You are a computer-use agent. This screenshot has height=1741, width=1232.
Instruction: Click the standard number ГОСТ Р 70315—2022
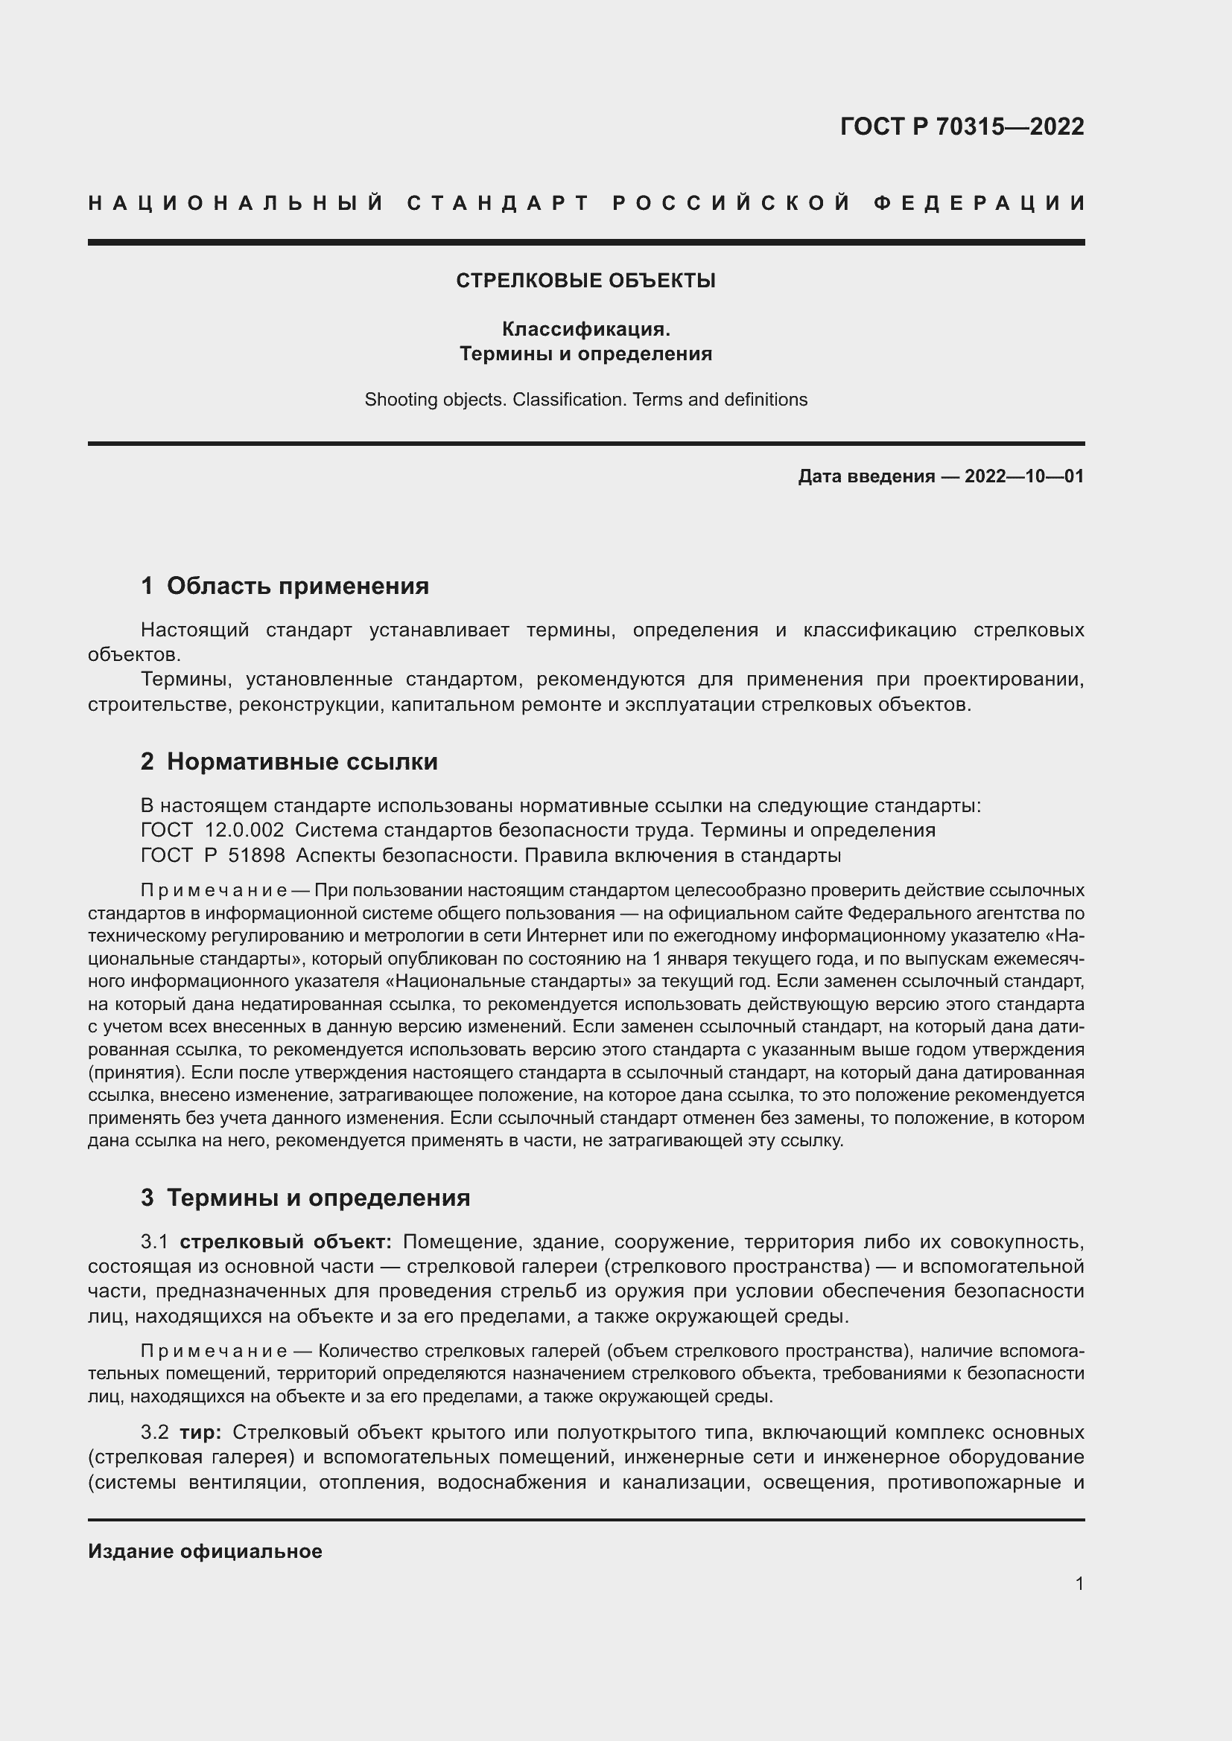(x=962, y=126)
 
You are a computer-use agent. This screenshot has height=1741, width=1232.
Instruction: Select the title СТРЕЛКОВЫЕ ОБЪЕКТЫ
(x=585, y=281)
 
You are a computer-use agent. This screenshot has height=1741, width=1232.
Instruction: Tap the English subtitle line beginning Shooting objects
(x=585, y=400)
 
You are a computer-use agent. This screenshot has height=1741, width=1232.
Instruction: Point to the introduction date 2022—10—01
(x=1024, y=476)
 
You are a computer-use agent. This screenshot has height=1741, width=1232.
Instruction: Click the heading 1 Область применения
(x=285, y=585)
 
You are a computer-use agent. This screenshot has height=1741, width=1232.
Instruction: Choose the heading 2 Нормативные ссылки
(x=289, y=761)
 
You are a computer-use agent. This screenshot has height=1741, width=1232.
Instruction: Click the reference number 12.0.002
(x=244, y=831)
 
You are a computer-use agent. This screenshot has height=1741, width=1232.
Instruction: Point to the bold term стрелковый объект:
(x=285, y=1242)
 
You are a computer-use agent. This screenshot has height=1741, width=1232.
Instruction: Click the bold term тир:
(x=200, y=1432)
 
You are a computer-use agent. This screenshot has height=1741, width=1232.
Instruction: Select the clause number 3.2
(x=155, y=1432)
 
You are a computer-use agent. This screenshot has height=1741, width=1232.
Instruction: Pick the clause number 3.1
(x=155, y=1242)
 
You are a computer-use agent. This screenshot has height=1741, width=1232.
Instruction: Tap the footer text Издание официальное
(x=205, y=1551)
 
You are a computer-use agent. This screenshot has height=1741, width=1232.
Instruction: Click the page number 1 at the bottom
(x=1079, y=1583)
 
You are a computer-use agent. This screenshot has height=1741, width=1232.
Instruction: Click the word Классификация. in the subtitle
(x=585, y=329)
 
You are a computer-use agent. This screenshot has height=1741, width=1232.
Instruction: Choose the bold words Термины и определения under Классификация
(x=585, y=354)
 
